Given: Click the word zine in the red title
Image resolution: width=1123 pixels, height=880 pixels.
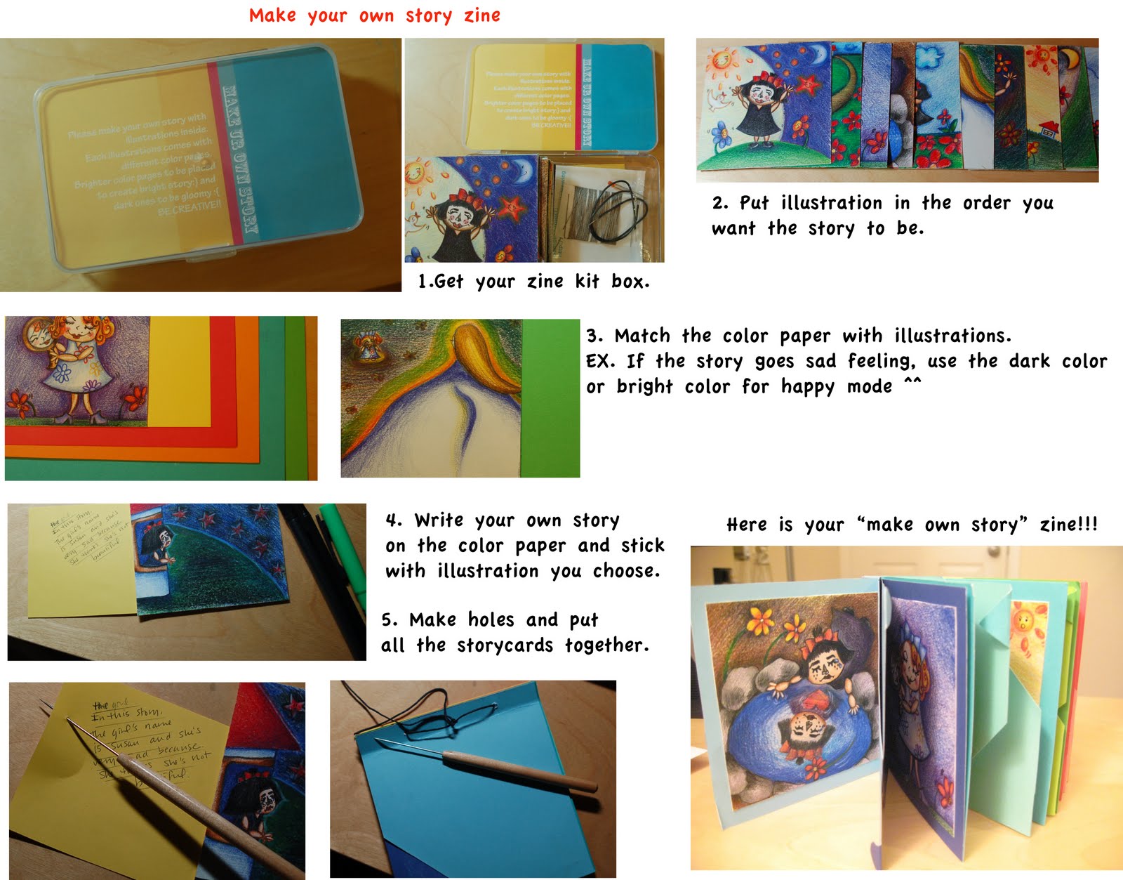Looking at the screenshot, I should [x=481, y=15].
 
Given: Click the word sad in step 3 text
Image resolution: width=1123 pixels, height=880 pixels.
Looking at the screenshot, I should [x=820, y=361].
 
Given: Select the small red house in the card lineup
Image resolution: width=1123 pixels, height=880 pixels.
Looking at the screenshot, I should [x=1049, y=129].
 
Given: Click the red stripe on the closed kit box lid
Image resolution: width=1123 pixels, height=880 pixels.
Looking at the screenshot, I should [x=225, y=155].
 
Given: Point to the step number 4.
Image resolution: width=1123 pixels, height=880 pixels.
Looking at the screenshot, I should [x=392, y=520].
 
